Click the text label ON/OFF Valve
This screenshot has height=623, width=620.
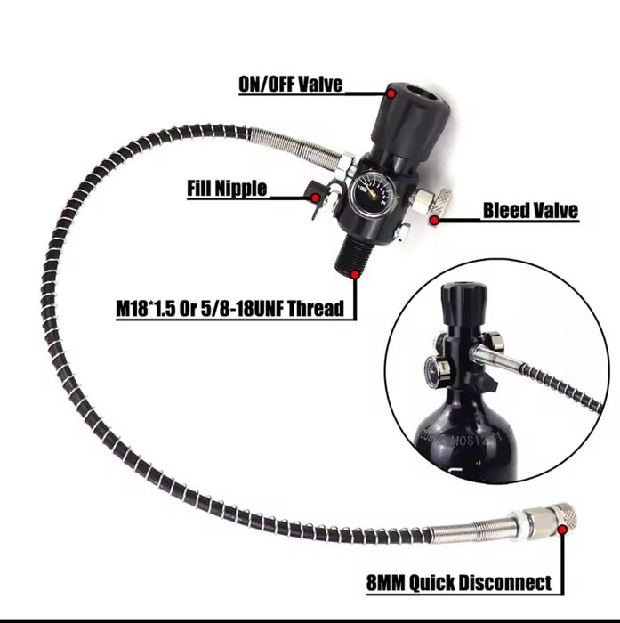(x=290, y=86)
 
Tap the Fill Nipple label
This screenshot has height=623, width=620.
(x=226, y=189)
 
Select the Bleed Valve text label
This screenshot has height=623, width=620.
(x=529, y=211)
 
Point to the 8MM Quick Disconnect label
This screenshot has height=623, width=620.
(x=458, y=584)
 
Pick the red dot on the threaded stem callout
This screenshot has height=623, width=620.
(x=356, y=277)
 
